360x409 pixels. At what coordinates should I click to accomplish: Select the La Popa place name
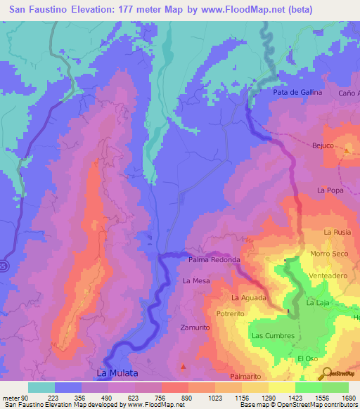[330, 190]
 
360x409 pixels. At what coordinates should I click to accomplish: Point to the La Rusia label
[337, 233]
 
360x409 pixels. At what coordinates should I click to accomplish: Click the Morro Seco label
[329, 254]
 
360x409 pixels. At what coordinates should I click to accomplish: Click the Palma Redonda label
[214, 260]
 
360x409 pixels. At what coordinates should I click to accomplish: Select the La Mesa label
[196, 280]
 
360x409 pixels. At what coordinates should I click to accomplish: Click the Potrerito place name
[230, 313]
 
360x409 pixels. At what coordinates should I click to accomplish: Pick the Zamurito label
[195, 328]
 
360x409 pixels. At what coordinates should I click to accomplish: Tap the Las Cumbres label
[273, 336]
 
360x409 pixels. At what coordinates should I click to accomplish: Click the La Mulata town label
[117, 372]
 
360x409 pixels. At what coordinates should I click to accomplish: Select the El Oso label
[308, 359]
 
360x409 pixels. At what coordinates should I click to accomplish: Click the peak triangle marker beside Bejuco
[347, 150]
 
